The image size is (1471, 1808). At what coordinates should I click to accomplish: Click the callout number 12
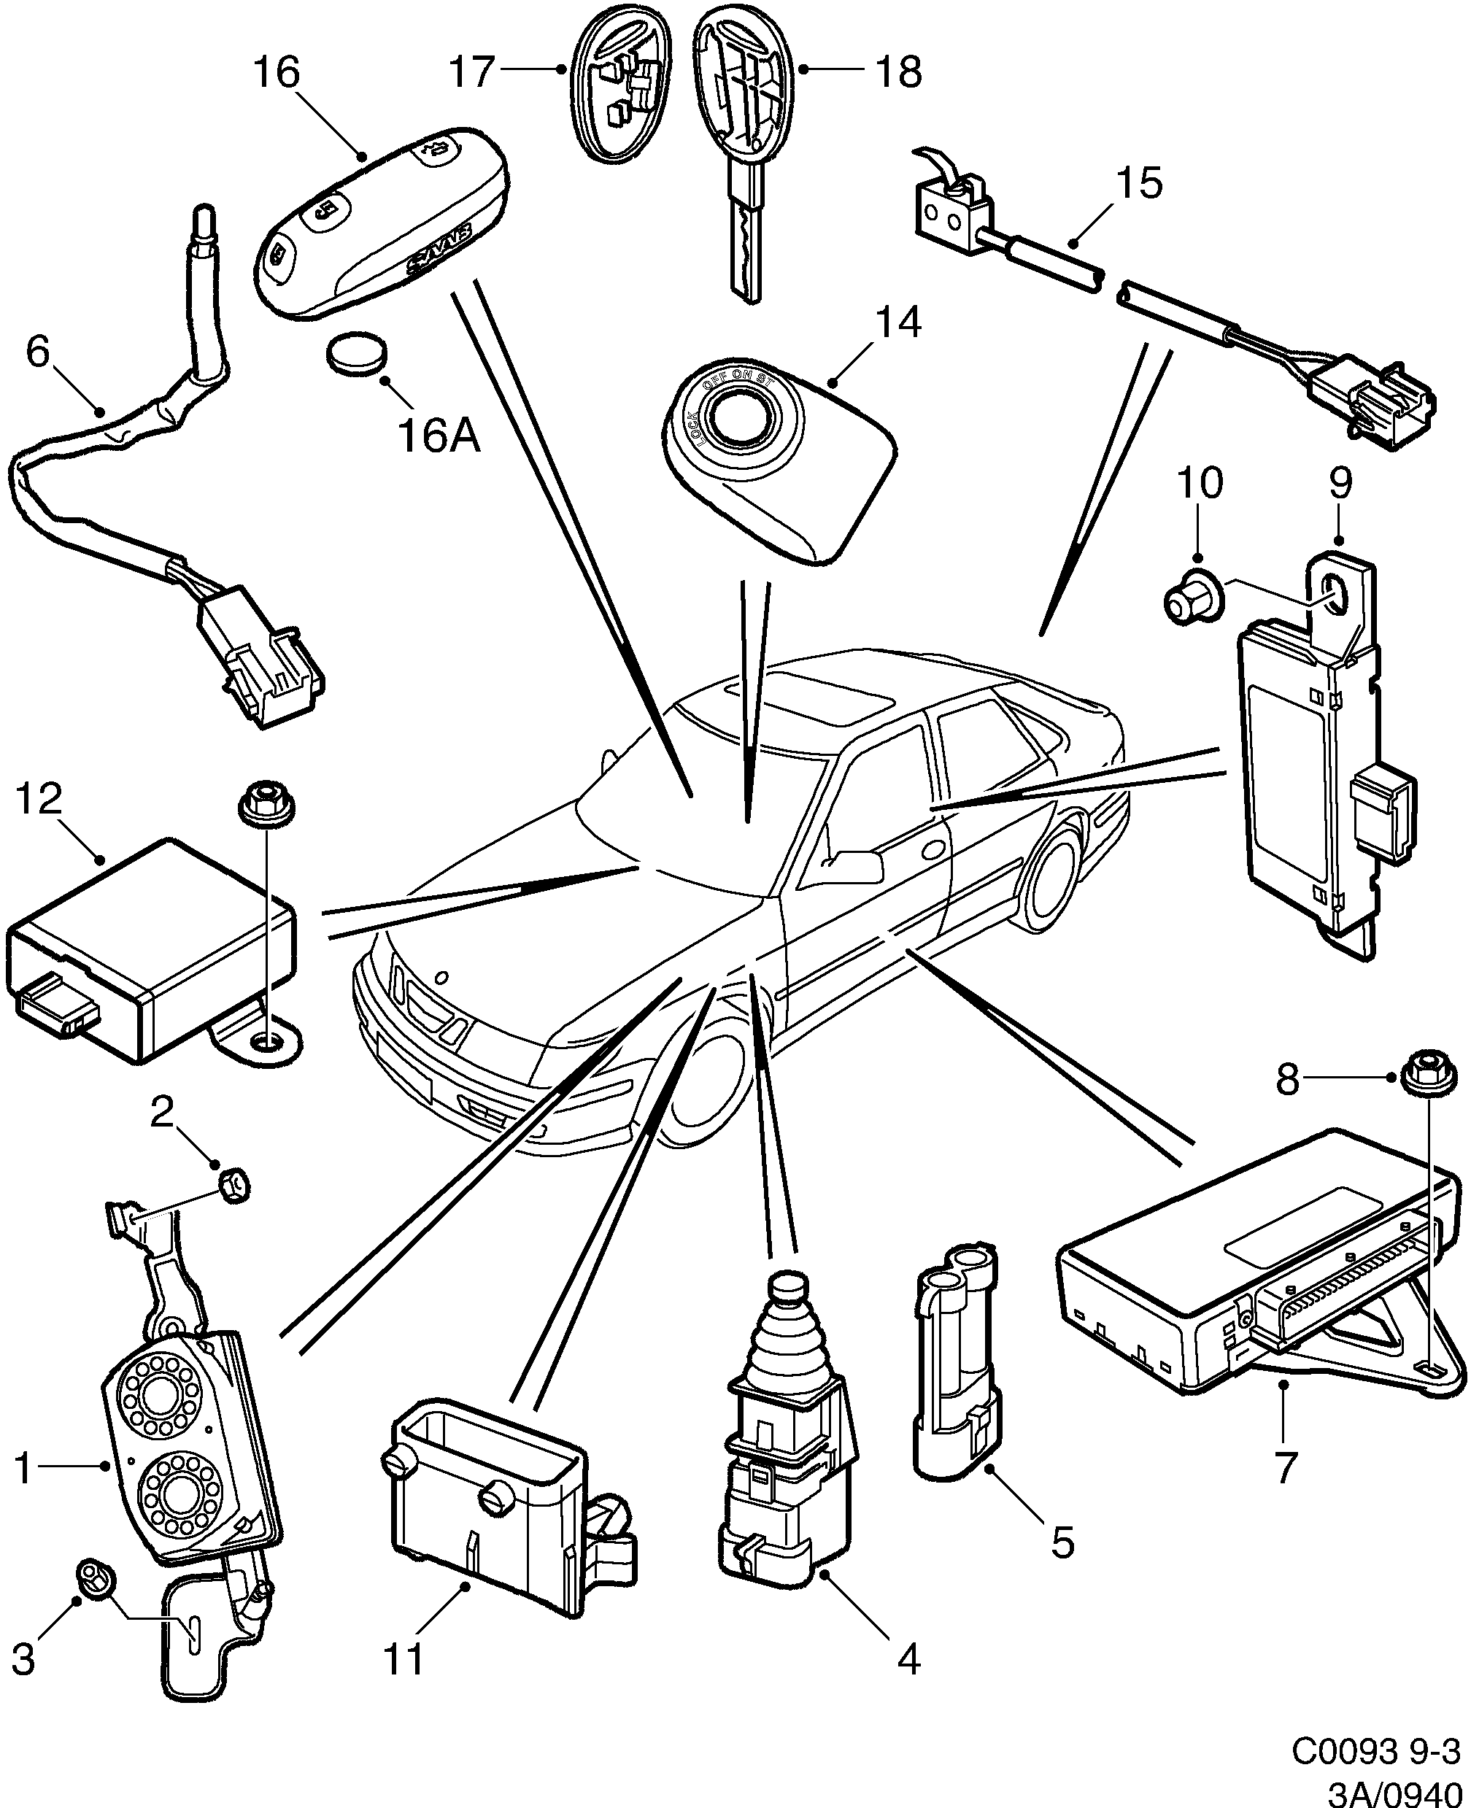click(39, 798)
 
